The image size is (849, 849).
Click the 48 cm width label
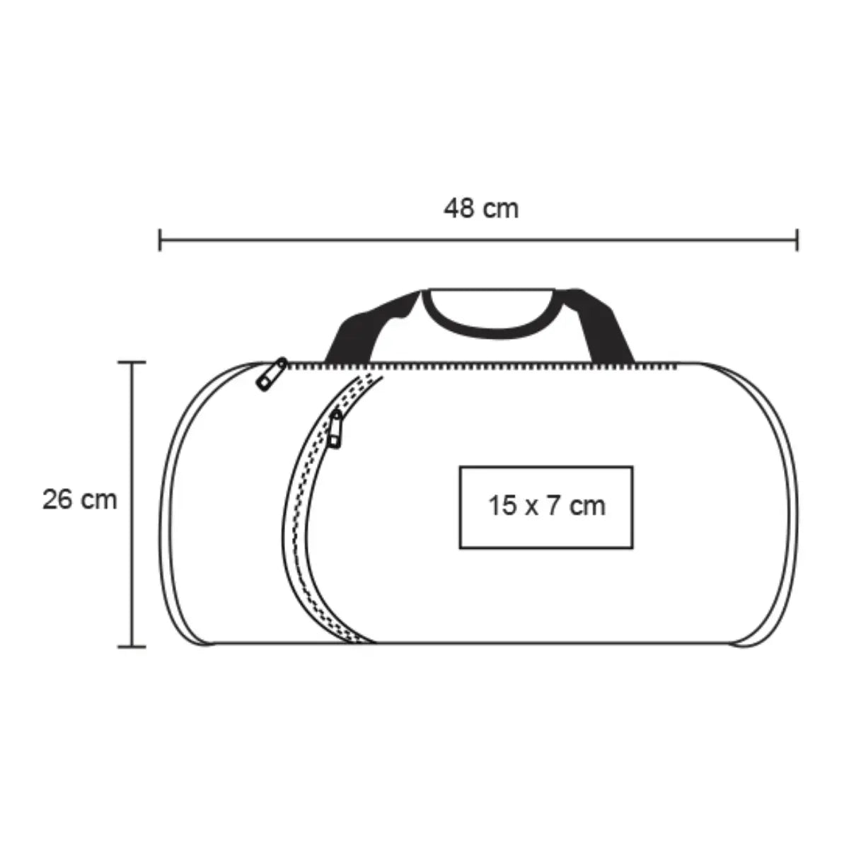480,209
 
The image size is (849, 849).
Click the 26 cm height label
80,499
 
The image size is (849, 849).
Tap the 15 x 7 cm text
546,505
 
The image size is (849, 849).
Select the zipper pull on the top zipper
272,374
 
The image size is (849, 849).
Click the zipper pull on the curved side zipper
335,429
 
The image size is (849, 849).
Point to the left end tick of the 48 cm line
160,240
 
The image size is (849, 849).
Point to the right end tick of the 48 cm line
797,240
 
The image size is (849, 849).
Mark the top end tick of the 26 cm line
132,362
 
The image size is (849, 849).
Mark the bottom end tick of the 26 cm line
132,647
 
